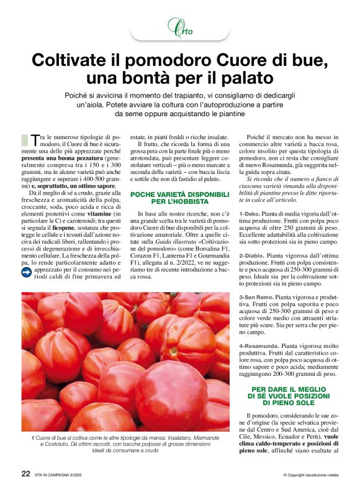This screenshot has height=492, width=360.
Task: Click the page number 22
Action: pos(26,474)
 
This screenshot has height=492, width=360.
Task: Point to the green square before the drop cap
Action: pos(25,139)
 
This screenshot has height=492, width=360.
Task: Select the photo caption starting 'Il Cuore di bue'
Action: pos(122,446)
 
